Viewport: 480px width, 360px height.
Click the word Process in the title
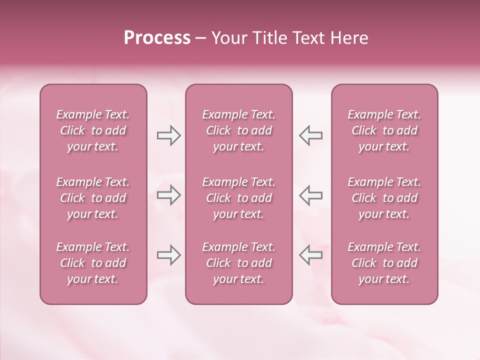point(157,38)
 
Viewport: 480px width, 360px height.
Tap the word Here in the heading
point(349,38)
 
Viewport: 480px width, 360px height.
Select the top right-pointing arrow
point(168,135)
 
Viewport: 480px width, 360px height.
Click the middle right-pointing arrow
point(168,195)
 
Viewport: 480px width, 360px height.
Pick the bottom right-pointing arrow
point(168,255)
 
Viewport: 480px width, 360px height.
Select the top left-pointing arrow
point(311,135)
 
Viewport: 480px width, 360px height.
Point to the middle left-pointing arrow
point(311,195)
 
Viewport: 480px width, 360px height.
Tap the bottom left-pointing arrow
point(311,255)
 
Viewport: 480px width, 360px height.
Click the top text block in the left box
point(93,130)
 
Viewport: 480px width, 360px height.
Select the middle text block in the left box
point(93,198)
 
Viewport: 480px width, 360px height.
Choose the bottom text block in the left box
point(93,263)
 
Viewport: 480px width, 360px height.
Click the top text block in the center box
point(238,130)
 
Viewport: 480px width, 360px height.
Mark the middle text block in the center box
point(238,198)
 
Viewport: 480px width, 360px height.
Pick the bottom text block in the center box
point(238,263)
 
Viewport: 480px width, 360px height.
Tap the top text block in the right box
point(384,130)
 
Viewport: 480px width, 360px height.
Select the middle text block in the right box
point(384,198)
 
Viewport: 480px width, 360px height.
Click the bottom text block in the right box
point(384,263)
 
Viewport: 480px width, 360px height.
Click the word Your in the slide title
point(228,38)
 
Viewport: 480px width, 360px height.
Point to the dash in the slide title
point(200,38)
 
